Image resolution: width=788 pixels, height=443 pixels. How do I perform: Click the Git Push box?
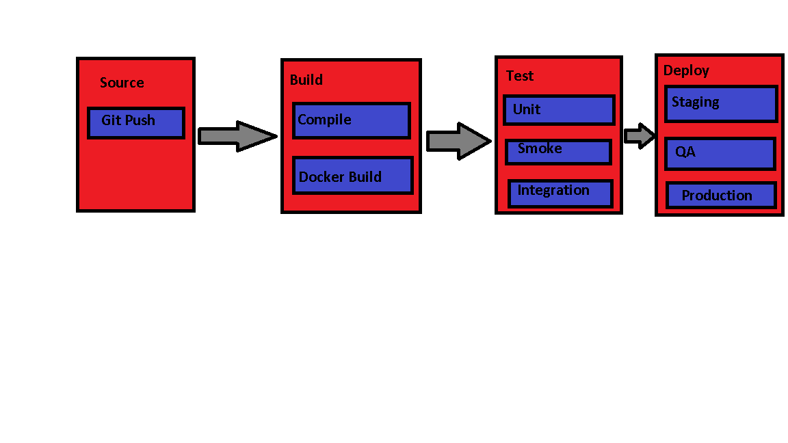pos(136,123)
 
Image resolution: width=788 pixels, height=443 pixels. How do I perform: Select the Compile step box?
pos(351,121)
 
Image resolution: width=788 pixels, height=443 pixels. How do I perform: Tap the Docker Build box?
pos(353,176)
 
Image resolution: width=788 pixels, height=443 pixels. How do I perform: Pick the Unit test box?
pos(559,110)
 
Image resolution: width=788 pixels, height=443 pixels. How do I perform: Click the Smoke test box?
pos(558,152)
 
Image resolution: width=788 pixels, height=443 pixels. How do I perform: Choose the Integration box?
pos(560,193)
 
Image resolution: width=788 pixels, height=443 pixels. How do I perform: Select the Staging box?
pos(721,104)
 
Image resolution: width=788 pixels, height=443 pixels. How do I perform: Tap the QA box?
pos(720,154)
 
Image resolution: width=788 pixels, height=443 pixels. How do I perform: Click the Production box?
pos(721,196)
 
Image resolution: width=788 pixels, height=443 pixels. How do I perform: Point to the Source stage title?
pos(122,83)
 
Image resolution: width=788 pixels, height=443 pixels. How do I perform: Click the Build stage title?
pos(306,80)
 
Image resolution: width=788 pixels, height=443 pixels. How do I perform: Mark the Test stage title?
pos(520,76)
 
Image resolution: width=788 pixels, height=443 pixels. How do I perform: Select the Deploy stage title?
pos(686,70)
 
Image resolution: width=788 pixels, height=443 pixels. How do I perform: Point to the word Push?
pos(140,120)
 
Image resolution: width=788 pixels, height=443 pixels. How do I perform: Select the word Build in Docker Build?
pos(365,177)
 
